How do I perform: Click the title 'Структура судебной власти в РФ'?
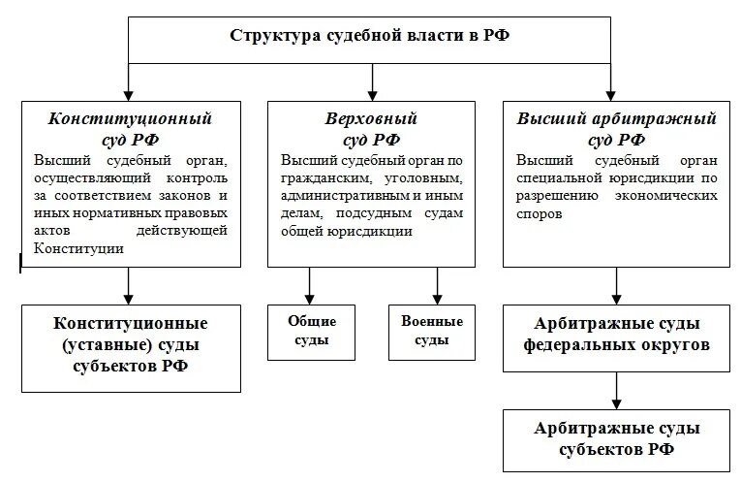coord(370,36)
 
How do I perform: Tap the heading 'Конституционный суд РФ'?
coord(131,128)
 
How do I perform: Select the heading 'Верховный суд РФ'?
coord(371,128)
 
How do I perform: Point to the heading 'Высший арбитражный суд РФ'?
coord(616,128)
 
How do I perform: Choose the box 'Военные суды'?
coord(431,331)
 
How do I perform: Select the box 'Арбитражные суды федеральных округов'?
coord(616,334)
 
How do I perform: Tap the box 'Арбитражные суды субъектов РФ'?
coord(616,439)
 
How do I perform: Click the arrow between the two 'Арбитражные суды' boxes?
coord(616,389)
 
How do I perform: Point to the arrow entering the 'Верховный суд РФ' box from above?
coord(371,81)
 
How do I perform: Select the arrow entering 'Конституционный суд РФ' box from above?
coord(130,81)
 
